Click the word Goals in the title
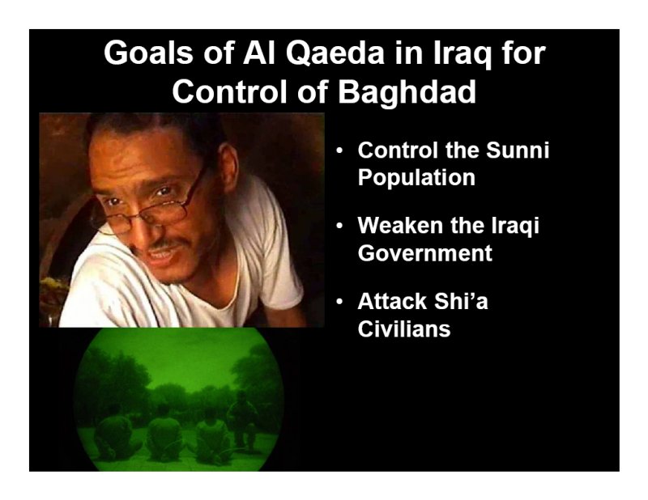[148, 53]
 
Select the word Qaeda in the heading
[335, 53]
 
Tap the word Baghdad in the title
[407, 91]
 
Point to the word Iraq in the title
[462, 54]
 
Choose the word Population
[416, 178]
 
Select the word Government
[424, 253]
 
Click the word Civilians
[404, 329]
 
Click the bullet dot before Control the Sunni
[339, 151]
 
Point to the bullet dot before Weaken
[339, 227]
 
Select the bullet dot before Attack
[339, 302]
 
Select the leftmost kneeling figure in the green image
[112, 435]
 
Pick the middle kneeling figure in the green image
[165, 434]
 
